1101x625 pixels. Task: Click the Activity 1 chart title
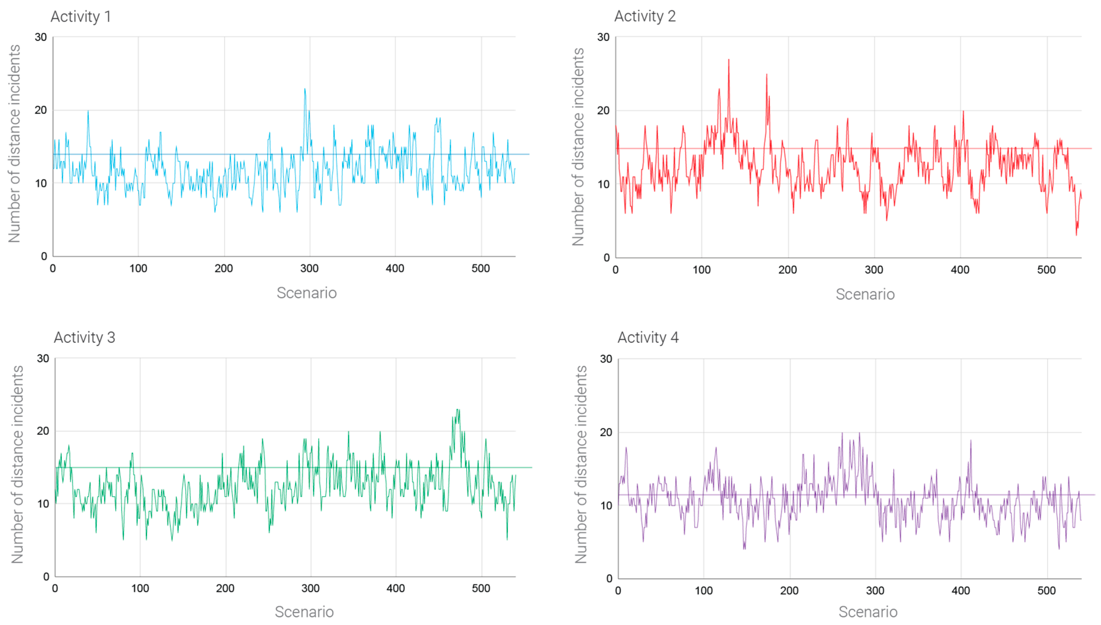click(x=81, y=17)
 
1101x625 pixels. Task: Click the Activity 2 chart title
click(x=645, y=16)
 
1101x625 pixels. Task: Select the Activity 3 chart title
click(x=84, y=337)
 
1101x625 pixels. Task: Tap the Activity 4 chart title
click(x=648, y=337)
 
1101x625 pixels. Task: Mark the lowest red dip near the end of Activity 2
click(x=1076, y=234)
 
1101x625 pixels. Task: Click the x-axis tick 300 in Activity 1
click(x=309, y=269)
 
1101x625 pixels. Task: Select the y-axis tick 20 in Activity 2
click(x=603, y=111)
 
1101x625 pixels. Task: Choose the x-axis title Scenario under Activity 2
click(x=865, y=294)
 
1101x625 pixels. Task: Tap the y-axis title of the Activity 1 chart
click(x=15, y=144)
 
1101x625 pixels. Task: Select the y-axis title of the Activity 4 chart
click(x=580, y=464)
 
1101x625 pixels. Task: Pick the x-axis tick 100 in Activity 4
click(x=703, y=591)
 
